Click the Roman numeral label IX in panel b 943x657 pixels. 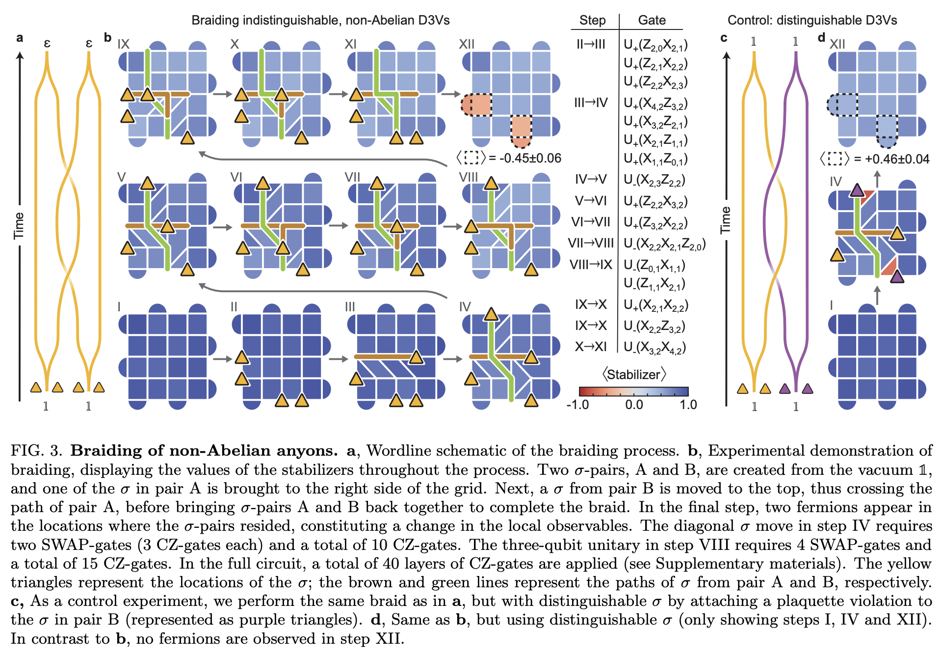pos(124,44)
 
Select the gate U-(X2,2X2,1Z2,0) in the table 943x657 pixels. pos(664,244)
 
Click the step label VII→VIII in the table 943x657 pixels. pos(591,243)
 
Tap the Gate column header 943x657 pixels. pos(651,21)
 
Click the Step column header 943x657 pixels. pos(592,21)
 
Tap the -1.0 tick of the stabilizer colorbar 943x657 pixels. pos(577,405)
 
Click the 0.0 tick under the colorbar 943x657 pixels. pos(634,405)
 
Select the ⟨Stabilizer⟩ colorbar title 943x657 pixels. pos(634,375)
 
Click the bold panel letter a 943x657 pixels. pos(20,38)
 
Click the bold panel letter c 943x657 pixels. pos(724,38)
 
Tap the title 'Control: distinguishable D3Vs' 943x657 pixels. pos(812,21)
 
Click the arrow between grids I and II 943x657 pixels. pos(222,359)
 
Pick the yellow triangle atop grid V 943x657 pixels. pos(147,184)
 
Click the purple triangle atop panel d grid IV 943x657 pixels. pos(857,190)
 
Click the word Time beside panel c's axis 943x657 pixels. pos(725,220)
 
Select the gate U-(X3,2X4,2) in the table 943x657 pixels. pos(655,348)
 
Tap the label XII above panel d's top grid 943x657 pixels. pos(837,44)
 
